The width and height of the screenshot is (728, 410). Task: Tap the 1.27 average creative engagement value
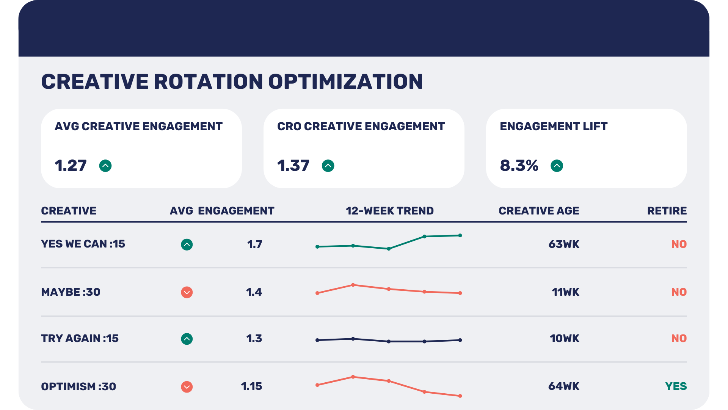[71, 166]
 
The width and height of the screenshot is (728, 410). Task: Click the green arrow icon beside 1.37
[328, 166]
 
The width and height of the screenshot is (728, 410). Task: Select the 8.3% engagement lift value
[519, 166]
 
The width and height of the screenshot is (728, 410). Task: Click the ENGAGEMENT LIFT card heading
[553, 126]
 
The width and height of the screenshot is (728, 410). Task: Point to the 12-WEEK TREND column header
[389, 211]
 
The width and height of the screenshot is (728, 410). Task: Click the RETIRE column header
[667, 211]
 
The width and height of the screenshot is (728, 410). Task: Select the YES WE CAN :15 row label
[83, 244]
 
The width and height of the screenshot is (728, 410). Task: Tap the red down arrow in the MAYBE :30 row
[187, 292]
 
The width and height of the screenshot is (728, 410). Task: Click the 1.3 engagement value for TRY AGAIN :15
[254, 338]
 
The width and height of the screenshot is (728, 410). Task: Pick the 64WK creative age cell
[563, 386]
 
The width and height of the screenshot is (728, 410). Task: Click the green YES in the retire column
[676, 386]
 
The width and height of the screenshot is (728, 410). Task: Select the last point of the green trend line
[460, 235]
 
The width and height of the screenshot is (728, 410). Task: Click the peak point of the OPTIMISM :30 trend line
[353, 377]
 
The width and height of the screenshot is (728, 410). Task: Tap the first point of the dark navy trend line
[317, 340]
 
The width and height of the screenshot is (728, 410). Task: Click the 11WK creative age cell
[565, 292]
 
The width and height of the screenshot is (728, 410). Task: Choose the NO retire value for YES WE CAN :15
[679, 244]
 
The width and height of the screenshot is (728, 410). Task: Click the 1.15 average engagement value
[251, 386]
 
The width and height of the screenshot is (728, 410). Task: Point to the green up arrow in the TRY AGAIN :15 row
[187, 339]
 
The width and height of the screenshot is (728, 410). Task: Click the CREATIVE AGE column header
[538, 211]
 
